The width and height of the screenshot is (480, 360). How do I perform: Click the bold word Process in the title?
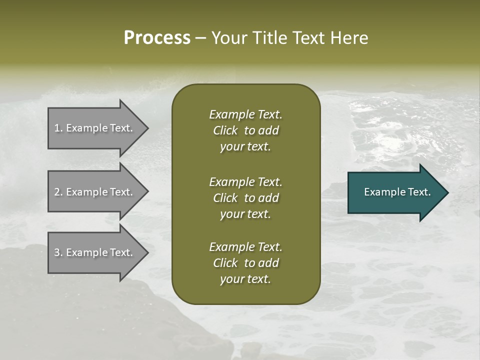click(157, 38)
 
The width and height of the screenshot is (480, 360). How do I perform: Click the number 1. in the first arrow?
click(58, 128)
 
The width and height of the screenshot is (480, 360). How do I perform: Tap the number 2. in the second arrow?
click(58, 192)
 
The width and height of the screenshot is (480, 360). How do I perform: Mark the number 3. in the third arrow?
click(58, 252)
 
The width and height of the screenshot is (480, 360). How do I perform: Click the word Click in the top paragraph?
click(225, 130)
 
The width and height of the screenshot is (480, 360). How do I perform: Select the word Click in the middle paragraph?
click(225, 198)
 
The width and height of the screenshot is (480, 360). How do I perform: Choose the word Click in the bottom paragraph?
click(225, 263)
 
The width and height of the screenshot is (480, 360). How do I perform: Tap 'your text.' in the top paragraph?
click(245, 147)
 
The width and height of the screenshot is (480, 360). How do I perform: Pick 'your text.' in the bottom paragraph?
click(245, 279)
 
